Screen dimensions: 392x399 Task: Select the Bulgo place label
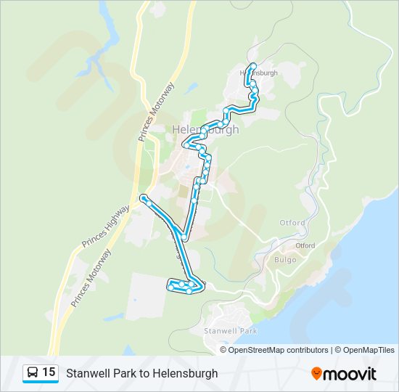[287, 259]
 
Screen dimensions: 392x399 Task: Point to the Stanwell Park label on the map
[231, 331]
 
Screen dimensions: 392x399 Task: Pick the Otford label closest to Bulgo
[305, 245]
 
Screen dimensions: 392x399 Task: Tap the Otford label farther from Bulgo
[292, 223]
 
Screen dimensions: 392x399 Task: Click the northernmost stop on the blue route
[253, 66]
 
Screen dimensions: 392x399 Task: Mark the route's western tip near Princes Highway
[144, 197]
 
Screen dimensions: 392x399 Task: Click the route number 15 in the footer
[49, 372]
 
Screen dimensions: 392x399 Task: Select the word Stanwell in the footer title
[88, 374]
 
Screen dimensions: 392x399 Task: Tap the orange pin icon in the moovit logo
[316, 374]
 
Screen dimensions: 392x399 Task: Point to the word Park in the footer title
[123, 374]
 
